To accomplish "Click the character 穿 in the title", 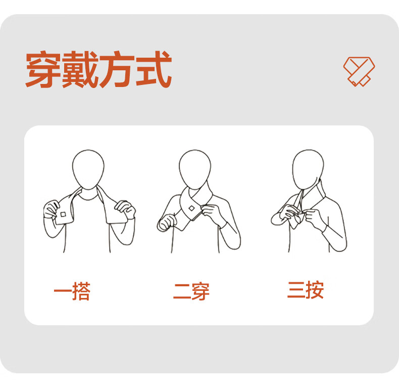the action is (x=44, y=69).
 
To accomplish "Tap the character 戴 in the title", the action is (x=80, y=69).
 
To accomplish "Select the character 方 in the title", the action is (x=117, y=69).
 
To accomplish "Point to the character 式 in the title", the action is (x=154, y=69).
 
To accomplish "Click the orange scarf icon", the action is (x=359, y=72).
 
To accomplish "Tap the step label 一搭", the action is (x=72, y=291).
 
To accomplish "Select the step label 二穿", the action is (x=191, y=291).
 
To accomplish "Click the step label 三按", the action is (x=306, y=290).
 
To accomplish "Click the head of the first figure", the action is (x=88, y=169).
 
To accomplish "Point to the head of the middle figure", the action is (x=195, y=169).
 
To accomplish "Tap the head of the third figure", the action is (x=308, y=169).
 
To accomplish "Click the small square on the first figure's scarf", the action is (x=63, y=214).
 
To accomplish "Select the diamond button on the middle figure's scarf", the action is (x=191, y=208).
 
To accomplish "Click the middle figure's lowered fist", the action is (x=167, y=223).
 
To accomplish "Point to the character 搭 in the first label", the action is (x=81, y=291).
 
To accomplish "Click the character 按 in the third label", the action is (x=315, y=290).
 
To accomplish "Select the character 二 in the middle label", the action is (x=182, y=291).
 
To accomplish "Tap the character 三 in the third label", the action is (x=296, y=290).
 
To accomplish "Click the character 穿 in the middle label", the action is (x=201, y=291).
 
